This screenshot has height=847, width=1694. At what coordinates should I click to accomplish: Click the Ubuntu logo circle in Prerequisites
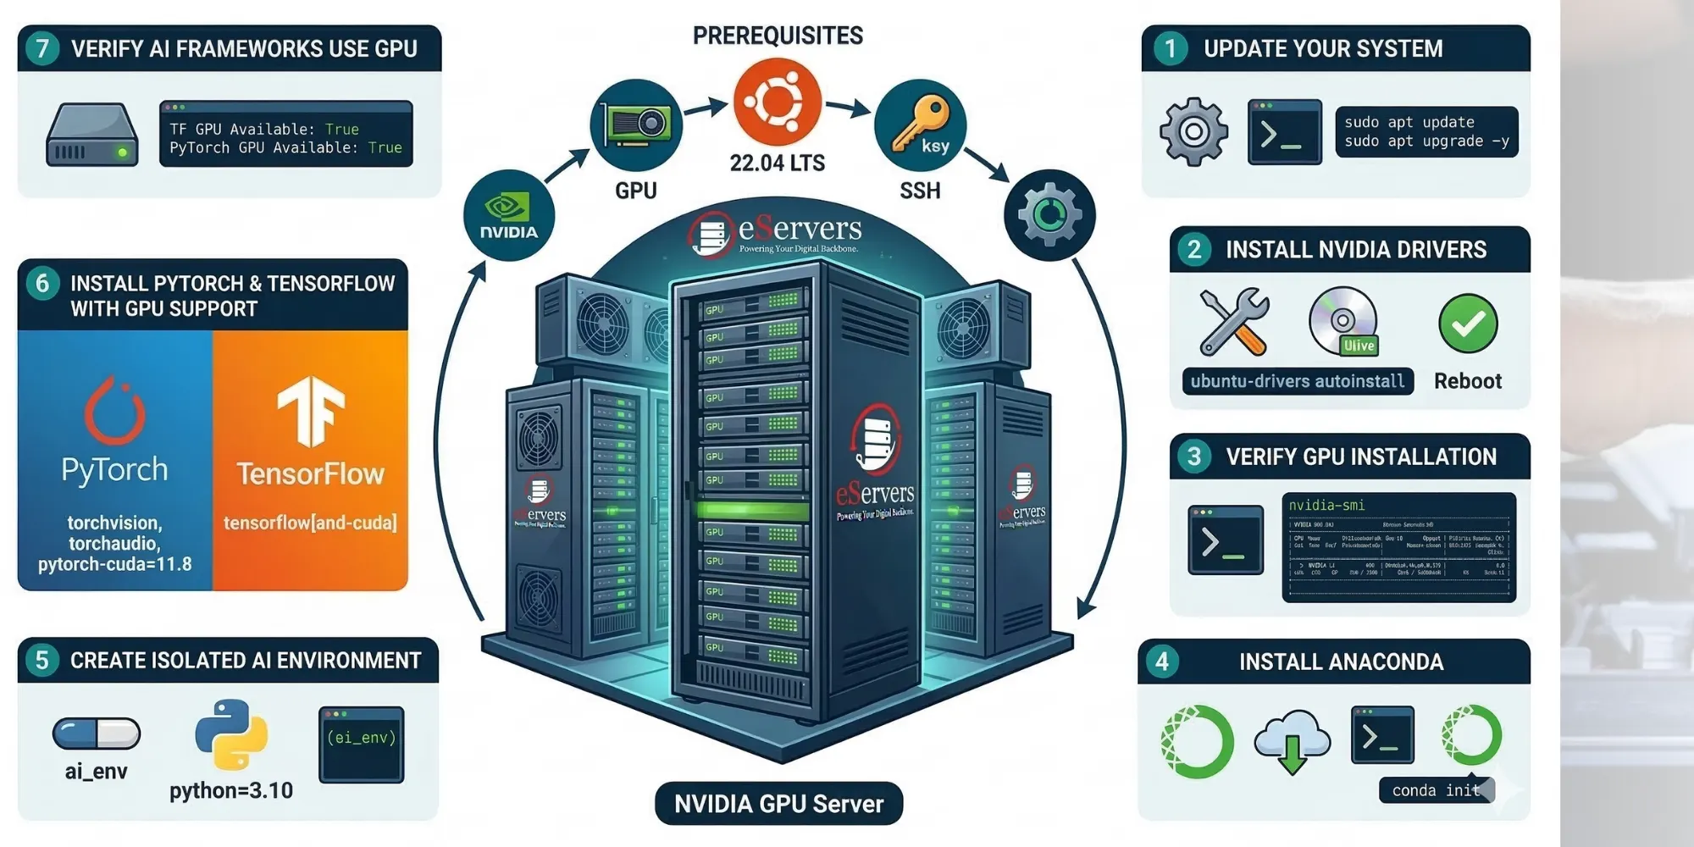click(777, 102)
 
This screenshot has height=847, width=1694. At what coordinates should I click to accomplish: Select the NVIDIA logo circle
click(509, 215)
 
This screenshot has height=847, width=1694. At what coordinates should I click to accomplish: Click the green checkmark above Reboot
click(1468, 324)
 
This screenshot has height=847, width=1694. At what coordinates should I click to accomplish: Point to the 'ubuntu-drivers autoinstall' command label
click(1297, 381)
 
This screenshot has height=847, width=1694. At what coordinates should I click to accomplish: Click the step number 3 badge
click(1194, 457)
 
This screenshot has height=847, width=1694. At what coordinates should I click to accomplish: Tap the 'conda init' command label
click(1436, 790)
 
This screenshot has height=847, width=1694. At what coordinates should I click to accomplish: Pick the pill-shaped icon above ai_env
click(97, 734)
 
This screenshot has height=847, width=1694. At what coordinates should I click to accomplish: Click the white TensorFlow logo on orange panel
click(311, 412)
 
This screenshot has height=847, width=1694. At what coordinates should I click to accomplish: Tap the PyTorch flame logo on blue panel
click(115, 411)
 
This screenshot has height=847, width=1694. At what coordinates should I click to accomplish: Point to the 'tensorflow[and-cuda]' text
click(310, 523)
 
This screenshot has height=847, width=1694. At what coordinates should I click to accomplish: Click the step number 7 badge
click(42, 48)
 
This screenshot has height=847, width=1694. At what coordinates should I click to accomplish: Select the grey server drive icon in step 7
click(92, 135)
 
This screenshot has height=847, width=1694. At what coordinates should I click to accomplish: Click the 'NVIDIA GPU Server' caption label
click(778, 803)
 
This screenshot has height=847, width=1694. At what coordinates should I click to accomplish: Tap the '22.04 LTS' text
click(777, 163)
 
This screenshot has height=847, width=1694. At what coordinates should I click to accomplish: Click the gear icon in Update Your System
click(1193, 131)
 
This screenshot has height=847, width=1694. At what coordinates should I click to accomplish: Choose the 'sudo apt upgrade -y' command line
click(1426, 141)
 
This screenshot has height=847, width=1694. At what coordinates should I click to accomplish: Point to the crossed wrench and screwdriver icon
click(1234, 322)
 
